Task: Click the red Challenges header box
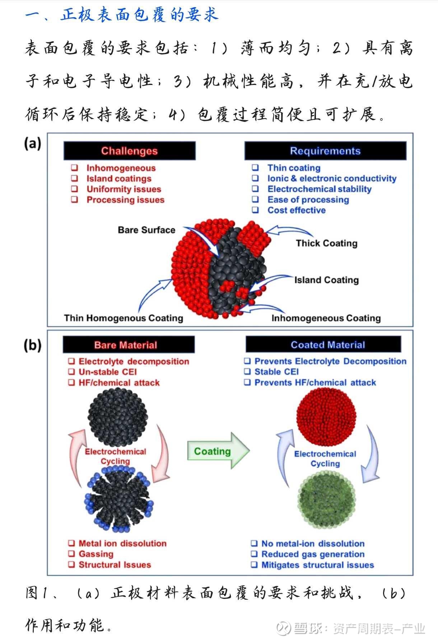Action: click(x=129, y=151)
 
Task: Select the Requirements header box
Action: click(x=325, y=151)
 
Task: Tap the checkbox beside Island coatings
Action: click(x=75, y=179)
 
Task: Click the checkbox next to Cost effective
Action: click(x=255, y=210)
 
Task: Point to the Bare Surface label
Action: click(x=146, y=230)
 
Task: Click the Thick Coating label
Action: click(x=326, y=243)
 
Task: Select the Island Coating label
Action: click(x=326, y=280)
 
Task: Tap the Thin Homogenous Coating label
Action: click(x=124, y=318)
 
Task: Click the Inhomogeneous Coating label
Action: click(x=326, y=318)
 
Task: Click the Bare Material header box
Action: click(x=129, y=345)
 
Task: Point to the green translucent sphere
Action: click(x=326, y=500)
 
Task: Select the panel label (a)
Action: click(x=32, y=144)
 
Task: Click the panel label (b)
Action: click(x=32, y=345)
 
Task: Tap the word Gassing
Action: click(x=96, y=554)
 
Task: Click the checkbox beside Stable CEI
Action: click(x=247, y=372)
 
